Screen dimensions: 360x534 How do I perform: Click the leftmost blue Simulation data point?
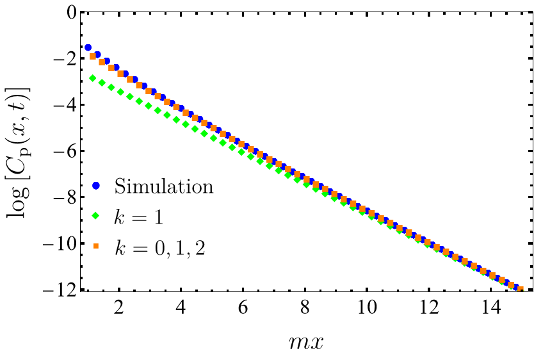click(88, 48)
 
